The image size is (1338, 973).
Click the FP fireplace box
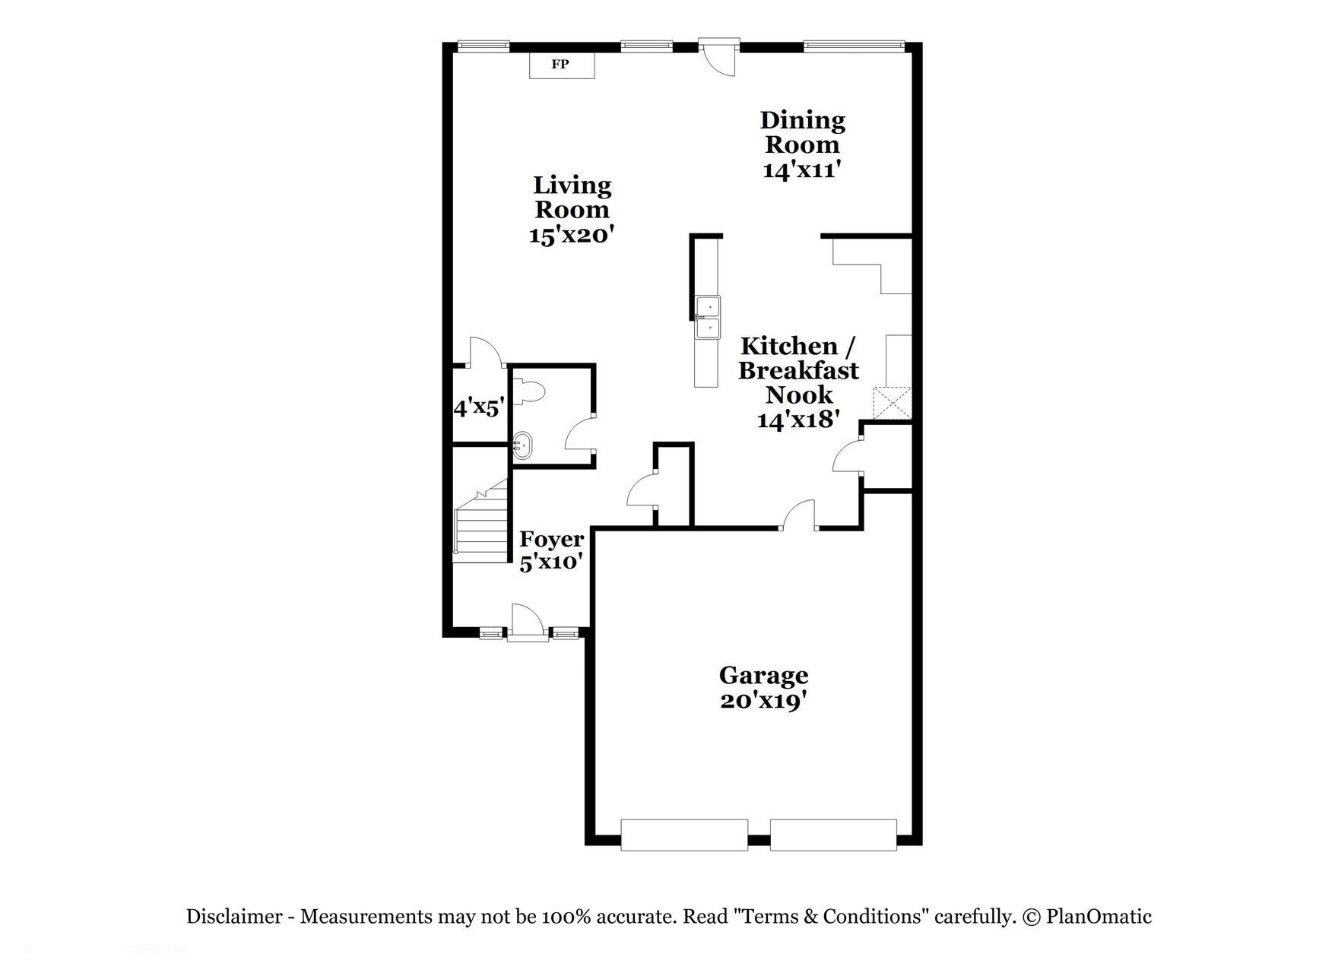point(561,65)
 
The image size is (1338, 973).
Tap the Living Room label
point(572,197)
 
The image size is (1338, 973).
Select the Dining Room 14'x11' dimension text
point(801,170)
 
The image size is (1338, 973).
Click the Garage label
point(763,675)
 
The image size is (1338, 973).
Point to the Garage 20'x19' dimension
point(763,700)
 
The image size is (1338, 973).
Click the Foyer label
point(552,539)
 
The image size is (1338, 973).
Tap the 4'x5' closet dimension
point(479,408)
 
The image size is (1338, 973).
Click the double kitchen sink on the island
point(708,317)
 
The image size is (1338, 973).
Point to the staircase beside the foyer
point(481,525)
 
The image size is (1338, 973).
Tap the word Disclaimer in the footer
point(234,917)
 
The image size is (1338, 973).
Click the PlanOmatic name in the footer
point(1099,917)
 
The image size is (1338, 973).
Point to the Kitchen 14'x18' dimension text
point(798,420)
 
